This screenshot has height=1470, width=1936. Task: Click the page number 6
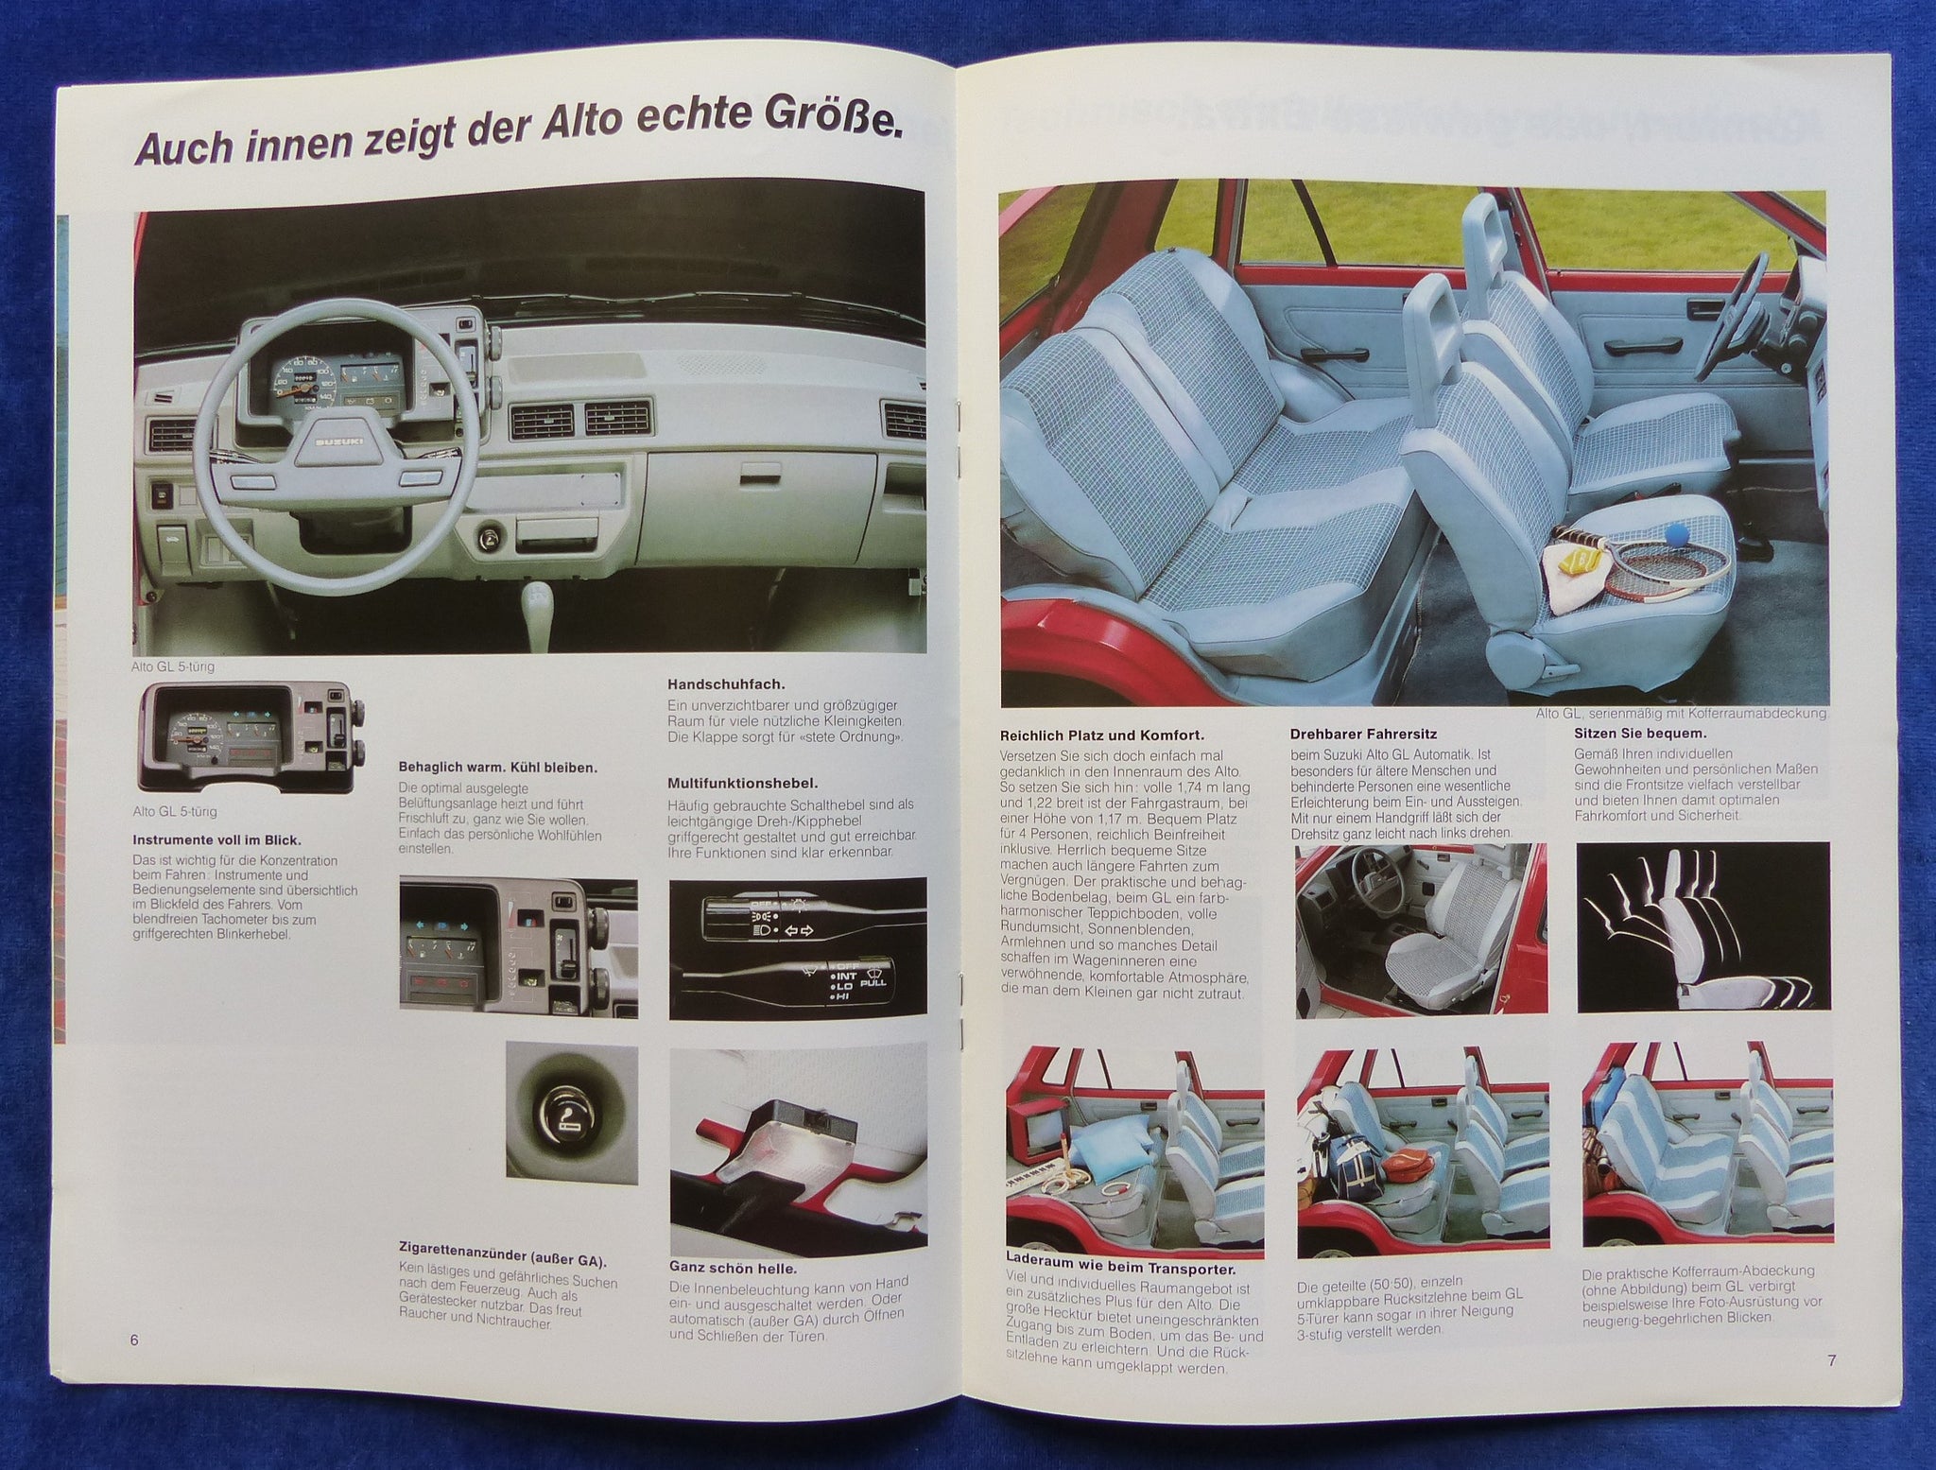[x=134, y=1340]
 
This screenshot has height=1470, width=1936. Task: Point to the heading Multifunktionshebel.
[x=742, y=783]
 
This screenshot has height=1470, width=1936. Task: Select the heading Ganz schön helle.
[x=733, y=1269]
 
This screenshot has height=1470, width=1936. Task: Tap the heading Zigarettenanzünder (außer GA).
[x=503, y=1261]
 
